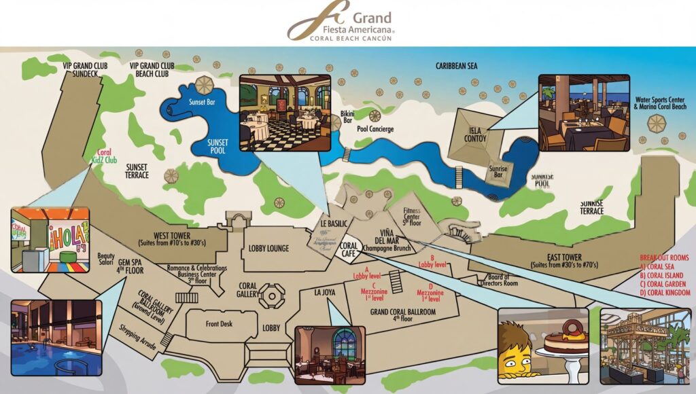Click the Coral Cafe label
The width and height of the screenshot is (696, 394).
(x=349, y=249)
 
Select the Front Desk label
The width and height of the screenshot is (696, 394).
(x=219, y=324)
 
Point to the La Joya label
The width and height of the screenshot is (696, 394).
(x=326, y=293)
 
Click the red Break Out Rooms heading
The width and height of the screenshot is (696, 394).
(x=665, y=258)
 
